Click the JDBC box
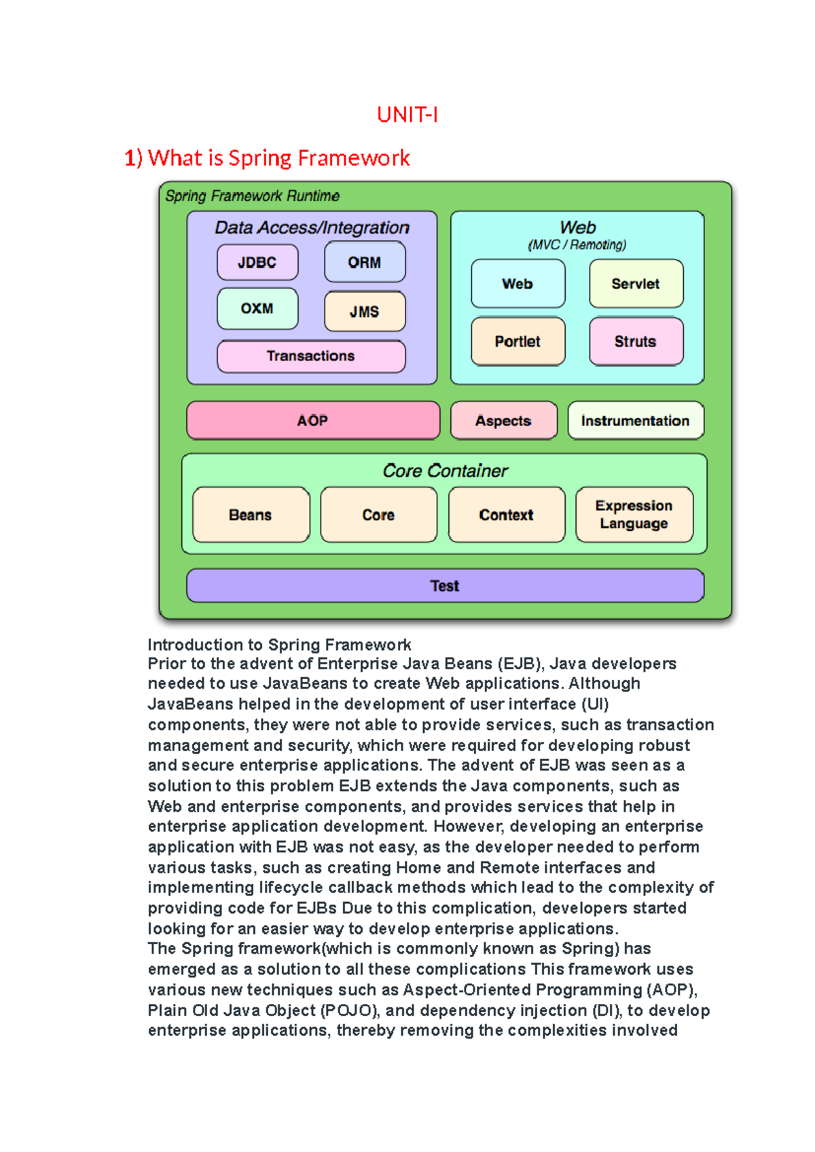(257, 262)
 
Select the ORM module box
(365, 262)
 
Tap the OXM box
(257, 308)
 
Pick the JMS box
(365, 312)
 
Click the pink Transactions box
(311, 356)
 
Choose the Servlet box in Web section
(636, 284)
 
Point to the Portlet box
(518, 342)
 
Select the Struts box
(636, 342)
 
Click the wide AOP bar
(313, 420)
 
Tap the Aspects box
(503, 420)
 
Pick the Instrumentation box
(635, 420)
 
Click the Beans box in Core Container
(251, 515)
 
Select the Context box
(507, 515)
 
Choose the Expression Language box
(634, 515)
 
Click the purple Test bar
(445, 586)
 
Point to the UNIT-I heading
(407, 115)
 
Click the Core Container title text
(445, 471)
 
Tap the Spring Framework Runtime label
(253, 196)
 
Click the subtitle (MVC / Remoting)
(577, 245)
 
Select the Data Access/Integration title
(312, 228)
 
